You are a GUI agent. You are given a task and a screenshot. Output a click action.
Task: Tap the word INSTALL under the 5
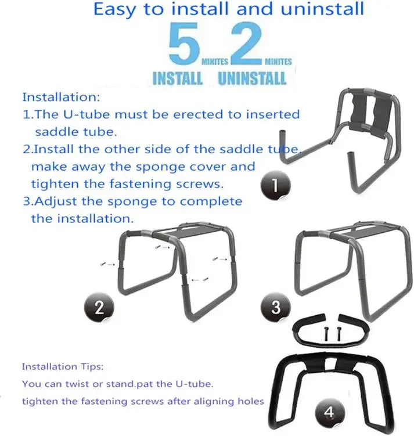point(177,78)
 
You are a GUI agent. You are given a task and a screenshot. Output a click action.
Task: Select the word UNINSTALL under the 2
point(253,78)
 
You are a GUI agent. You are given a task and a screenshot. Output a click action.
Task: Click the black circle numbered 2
point(99,307)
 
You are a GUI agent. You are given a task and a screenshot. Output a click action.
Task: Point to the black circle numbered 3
point(276,307)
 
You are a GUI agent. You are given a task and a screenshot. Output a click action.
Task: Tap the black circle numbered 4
point(329,413)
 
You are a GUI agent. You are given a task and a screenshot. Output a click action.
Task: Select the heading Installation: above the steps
point(62,97)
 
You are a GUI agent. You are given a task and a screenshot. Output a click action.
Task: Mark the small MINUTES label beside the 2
point(278,61)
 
